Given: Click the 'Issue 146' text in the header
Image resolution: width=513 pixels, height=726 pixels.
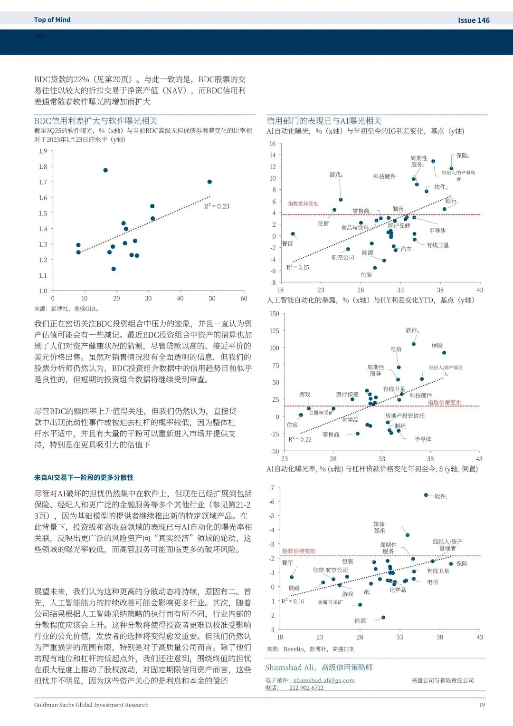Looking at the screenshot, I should click(x=473, y=20).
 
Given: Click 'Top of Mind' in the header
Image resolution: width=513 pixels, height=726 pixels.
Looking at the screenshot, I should click(x=52, y=19).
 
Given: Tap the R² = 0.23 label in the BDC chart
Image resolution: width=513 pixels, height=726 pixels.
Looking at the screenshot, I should click(x=217, y=206).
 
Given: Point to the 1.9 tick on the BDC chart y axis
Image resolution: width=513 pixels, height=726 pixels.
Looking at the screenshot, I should click(x=43, y=151).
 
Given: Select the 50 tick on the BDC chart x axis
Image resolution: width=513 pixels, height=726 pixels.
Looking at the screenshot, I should click(x=212, y=299).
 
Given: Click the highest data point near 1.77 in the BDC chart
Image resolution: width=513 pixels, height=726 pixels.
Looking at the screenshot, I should click(x=105, y=170).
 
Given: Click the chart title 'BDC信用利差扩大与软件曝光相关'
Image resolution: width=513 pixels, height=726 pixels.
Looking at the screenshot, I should click(x=96, y=121).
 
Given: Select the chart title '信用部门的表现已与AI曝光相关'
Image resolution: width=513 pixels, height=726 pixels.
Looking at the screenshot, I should click(x=324, y=121).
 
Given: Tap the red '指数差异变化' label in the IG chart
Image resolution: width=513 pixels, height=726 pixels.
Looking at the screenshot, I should click(x=303, y=203).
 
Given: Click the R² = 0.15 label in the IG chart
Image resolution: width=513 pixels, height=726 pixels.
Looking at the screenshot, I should click(x=297, y=267).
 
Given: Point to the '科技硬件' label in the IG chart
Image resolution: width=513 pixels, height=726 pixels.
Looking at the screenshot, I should click(x=384, y=176).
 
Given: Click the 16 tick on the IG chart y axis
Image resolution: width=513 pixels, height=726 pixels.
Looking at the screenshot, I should click(x=272, y=144).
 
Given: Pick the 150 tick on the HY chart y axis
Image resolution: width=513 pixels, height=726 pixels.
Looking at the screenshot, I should click(x=274, y=314).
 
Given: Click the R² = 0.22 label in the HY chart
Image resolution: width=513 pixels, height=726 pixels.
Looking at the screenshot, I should click(x=300, y=439).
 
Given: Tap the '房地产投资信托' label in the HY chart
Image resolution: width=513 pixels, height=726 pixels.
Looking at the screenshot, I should click(x=405, y=416).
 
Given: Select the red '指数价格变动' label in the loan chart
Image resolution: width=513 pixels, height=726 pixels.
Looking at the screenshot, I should click(x=299, y=551).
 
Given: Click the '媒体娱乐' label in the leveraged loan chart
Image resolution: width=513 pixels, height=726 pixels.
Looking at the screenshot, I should click(x=379, y=527).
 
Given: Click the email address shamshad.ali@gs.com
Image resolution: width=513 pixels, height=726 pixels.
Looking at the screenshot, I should click(x=324, y=680).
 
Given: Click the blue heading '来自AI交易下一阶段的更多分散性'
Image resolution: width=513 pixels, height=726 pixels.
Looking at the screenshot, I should click(x=84, y=477).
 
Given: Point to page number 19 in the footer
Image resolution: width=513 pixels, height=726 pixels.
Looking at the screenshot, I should click(x=482, y=705).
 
